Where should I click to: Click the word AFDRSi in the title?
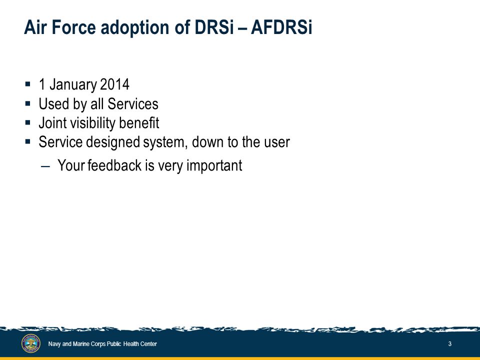click(x=281, y=27)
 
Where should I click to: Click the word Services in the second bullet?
click(x=133, y=104)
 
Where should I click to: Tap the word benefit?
click(x=139, y=123)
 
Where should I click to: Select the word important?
click(x=214, y=166)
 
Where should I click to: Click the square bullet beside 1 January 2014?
click(x=28, y=84)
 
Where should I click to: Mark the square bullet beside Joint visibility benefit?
click(x=28, y=122)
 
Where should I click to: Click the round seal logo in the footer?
click(x=31, y=343)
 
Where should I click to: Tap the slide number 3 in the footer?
click(x=449, y=344)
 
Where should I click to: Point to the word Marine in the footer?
click(x=80, y=344)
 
